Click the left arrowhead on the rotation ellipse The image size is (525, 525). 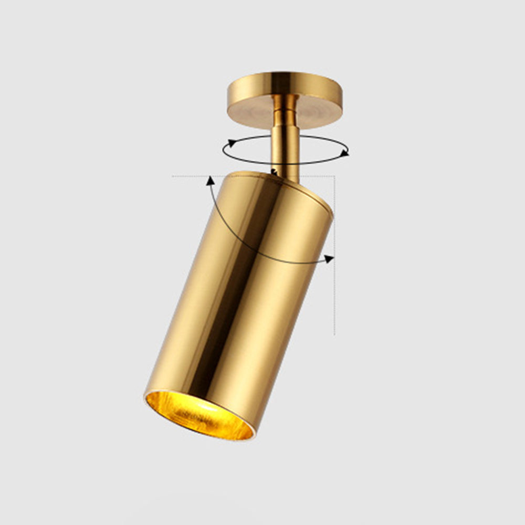point(230,143)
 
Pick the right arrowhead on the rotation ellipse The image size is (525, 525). point(344,153)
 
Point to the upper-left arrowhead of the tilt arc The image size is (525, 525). point(211,181)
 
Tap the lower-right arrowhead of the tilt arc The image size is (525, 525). point(329,258)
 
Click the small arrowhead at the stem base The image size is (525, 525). point(274,172)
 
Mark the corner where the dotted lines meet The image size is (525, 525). point(334,176)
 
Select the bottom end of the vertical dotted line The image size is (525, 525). point(334,334)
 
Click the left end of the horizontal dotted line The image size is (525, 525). point(173,176)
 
